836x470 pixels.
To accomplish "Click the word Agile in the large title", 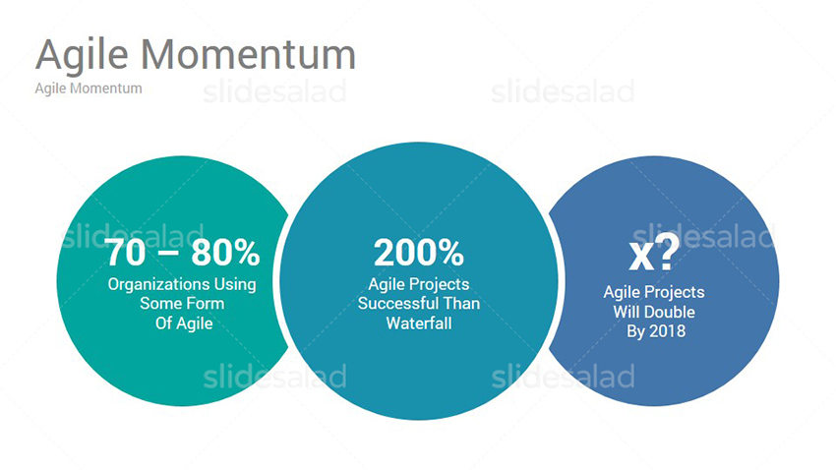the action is pyautogui.click(x=82, y=55).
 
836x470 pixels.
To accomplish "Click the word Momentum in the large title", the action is pyautogui.click(x=248, y=54).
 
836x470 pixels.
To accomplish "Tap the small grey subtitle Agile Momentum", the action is pyautogui.click(x=89, y=88).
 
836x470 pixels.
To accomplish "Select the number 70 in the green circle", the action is pyautogui.click(x=126, y=252).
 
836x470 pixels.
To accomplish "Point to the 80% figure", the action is pyautogui.click(x=225, y=252).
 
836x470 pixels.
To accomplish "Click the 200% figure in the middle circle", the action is pyautogui.click(x=419, y=252).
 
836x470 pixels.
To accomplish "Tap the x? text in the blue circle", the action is pyautogui.click(x=654, y=252).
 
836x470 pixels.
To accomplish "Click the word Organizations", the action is pyautogui.click(x=158, y=285).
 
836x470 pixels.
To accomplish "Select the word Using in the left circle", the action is pyautogui.click(x=235, y=285).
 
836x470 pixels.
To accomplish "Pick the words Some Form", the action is pyautogui.click(x=182, y=304).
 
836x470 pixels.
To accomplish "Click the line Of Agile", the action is pyautogui.click(x=184, y=323).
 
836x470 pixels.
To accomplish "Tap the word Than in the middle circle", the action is pyautogui.click(x=461, y=304).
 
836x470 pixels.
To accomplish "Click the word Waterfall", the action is pyautogui.click(x=419, y=323).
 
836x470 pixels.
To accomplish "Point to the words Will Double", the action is pyautogui.click(x=654, y=312).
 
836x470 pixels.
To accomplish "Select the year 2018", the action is pyautogui.click(x=667, y=331).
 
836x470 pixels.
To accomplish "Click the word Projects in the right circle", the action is pyautogui.click(x=675, y=293).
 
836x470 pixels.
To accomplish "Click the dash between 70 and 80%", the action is pyautogui.click(x=168, y=252).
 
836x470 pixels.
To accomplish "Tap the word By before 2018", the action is pyautogui.click(x=635, y=331).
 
